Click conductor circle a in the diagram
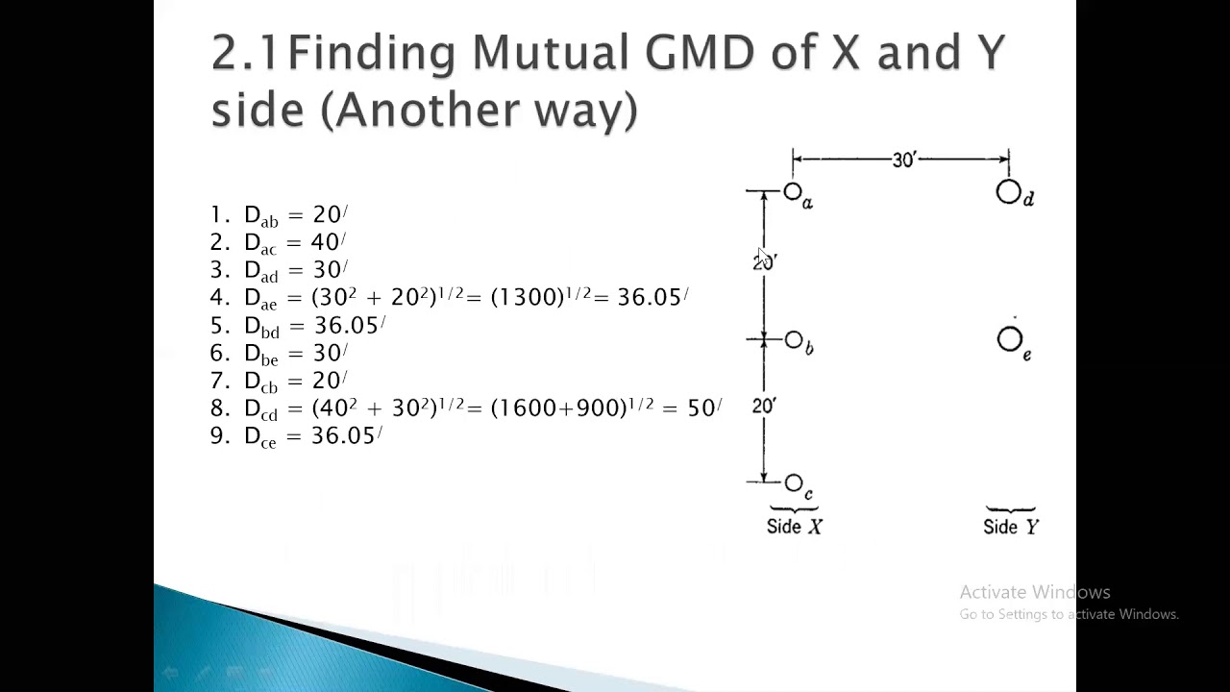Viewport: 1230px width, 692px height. click(793, 193)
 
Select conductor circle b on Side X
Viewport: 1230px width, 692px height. click(794, 340)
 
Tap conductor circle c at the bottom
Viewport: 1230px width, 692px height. click(794, 482)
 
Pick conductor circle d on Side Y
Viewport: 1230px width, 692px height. click(1008, 193)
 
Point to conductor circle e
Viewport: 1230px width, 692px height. click(1010, 339)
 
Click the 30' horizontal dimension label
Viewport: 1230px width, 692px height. click(904, 161)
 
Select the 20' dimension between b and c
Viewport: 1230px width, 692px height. click(764, 407)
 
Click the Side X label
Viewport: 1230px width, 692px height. click(794, 527)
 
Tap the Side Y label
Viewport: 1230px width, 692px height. click(1011, 527)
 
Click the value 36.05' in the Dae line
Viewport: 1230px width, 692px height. click(652, 298)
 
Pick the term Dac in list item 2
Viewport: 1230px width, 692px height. click(260, 243)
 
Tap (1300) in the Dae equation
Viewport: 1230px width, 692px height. click(527, 298)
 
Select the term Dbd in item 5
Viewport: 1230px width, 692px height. click(261, 327)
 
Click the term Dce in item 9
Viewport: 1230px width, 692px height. click(260, 437)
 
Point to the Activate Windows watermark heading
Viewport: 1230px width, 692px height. click(1034, 592)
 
